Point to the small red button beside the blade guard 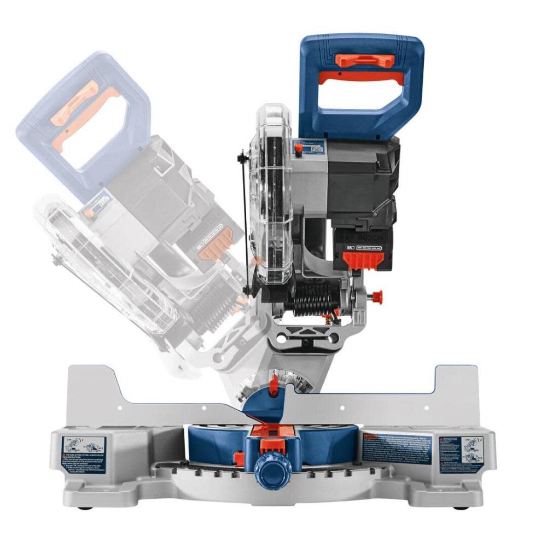[298, 148]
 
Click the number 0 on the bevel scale [275, 372]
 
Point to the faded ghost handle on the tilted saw [82, 126]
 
